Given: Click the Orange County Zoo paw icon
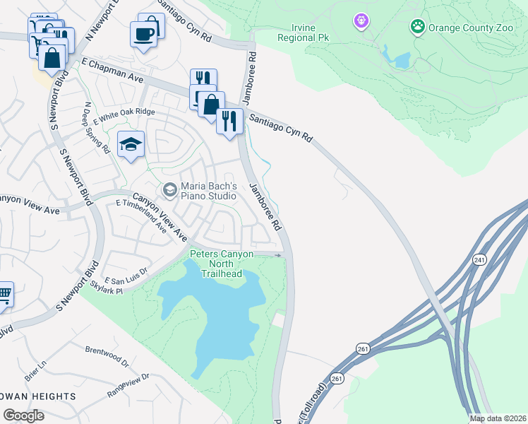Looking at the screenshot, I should pyautogui.click(x=418, y=28).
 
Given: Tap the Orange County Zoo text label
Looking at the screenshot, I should pyautogui.click(x=467, y=28).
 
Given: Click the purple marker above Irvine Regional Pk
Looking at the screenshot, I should pyautogui.click(x=361, y=23).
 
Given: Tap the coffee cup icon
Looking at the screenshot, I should pyautogui.click(x=144, y=34).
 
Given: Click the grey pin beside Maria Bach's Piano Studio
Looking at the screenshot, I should pyautogui.click(x=169, y=189).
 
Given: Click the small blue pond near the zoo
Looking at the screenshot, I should pyautogui.click(x=401, y=60).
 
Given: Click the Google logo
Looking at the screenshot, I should pyautogui.click(x=23, y=416).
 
